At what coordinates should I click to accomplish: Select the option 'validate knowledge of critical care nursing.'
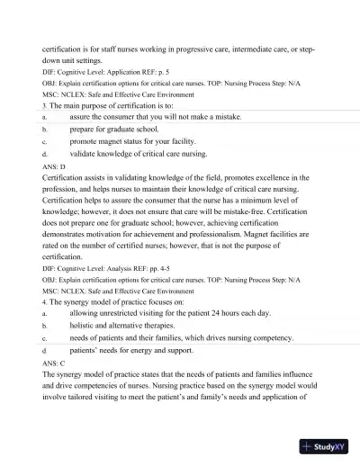click(144, 154)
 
